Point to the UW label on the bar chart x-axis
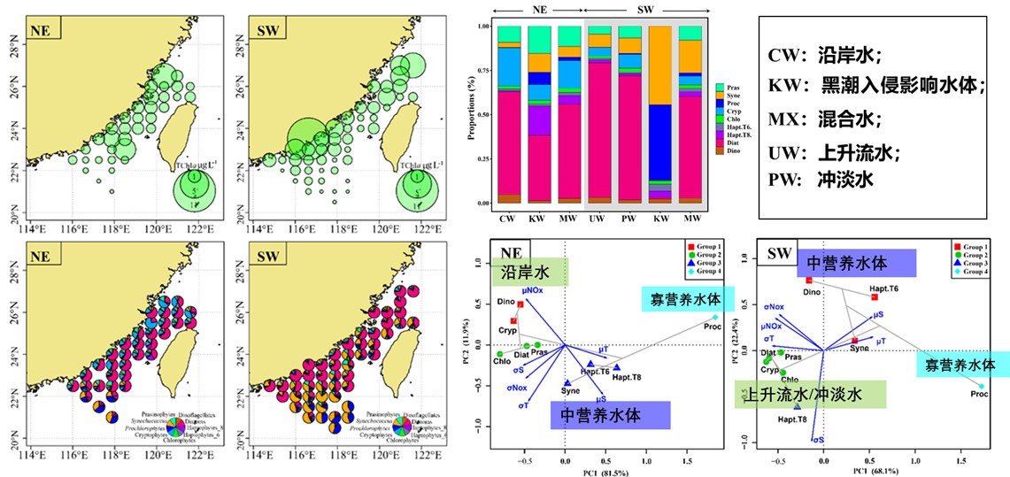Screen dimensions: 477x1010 (599, 218)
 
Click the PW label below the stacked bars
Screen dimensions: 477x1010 (629, 218)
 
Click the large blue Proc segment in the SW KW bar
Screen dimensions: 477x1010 (659, 142)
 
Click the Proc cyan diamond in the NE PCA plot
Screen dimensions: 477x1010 (715, 317)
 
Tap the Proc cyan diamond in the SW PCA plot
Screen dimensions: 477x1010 (981, 387)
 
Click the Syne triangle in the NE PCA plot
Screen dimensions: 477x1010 (567, 383)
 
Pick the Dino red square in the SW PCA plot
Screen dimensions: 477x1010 (809, 281)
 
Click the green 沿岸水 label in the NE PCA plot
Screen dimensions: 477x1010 (529, 271)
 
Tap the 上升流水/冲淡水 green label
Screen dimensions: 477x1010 (808, 394)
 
